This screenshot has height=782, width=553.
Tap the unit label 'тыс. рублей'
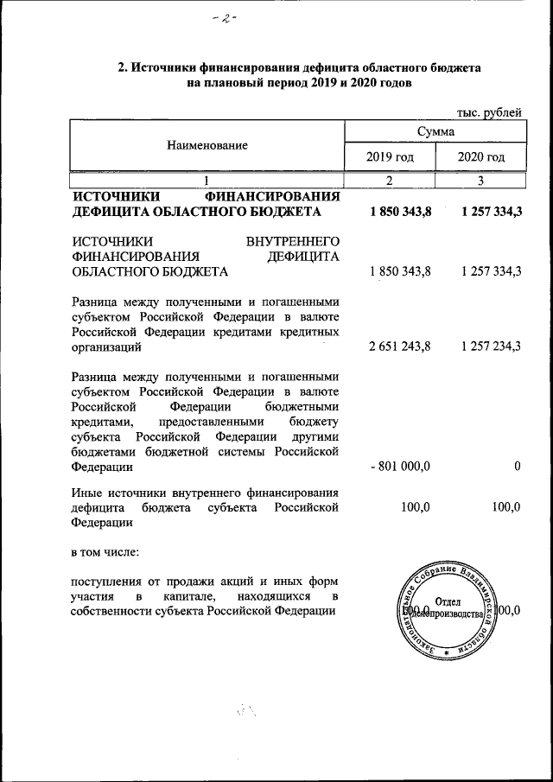click(x=488, y=111)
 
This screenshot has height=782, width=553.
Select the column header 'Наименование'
click(x=207, y=145)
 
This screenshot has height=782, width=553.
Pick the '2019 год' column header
click(x=390, y=157)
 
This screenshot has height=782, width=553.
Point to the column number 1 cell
click(x=207, y=181)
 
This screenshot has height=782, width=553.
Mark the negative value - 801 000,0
click(x=399, y=467)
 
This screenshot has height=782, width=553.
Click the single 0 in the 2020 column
click(x=516, y=467)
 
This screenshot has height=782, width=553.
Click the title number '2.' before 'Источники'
click(x=123, y=67)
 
